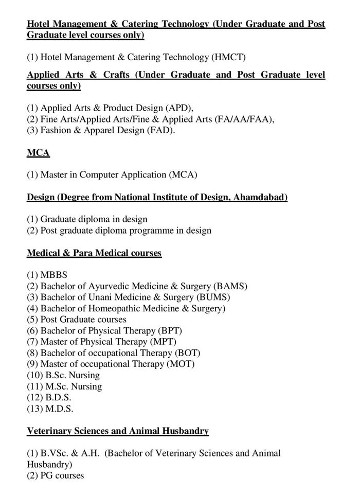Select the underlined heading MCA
tap(38, 153)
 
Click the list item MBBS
tap(53, 275)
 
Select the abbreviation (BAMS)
tap(229, 286)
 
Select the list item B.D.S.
tap(59, 398)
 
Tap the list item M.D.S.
tap(60, 409)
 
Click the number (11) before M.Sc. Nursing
tap(34, 386)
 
